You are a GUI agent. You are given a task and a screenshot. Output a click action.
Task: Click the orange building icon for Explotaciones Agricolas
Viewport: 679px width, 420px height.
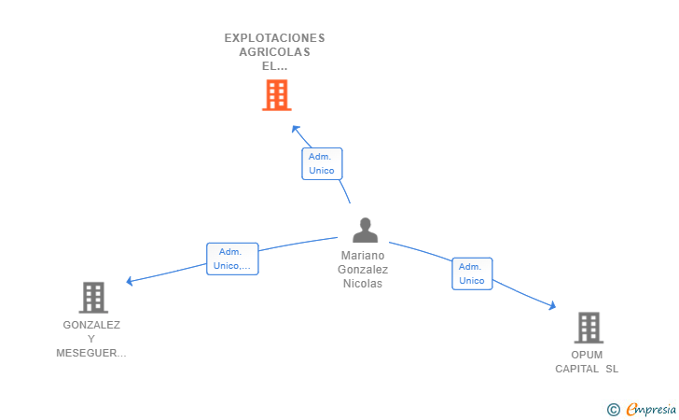(276, 95)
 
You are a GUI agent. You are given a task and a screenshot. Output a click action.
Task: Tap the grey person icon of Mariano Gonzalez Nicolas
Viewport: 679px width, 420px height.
(365, 231)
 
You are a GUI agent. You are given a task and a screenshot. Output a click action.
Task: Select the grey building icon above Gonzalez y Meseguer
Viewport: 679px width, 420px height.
(92, 297)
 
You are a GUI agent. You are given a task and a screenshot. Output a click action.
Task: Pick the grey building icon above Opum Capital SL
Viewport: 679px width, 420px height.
(588, 328)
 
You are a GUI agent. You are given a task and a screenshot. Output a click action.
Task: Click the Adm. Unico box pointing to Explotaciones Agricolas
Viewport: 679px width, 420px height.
(322, 163)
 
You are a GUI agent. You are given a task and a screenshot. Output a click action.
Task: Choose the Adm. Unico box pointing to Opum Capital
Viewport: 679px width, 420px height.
(472, 273)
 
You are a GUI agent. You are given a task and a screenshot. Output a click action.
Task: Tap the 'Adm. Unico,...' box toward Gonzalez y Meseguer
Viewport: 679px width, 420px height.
(231, 259)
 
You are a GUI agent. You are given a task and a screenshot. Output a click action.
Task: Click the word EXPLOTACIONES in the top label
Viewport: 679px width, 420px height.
(274, 38)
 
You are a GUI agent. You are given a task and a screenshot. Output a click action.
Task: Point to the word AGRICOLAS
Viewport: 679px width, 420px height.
(274, 52)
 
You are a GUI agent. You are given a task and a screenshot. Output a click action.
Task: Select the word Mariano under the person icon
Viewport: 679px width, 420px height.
(363, 256)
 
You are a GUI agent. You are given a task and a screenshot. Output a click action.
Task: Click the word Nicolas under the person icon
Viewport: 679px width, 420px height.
(363, 284)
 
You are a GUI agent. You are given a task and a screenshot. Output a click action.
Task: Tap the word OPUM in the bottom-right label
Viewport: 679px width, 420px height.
(588, 355)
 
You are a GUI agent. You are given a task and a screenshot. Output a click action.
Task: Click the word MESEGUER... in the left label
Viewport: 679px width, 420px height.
(91, 353)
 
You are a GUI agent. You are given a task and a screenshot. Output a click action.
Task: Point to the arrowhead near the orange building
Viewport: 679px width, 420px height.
(295, 129)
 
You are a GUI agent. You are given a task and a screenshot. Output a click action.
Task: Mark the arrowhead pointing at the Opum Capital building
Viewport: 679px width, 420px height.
(552, 305)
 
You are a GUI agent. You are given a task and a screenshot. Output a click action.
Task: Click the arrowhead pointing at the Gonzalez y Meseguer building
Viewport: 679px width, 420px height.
(130, 281)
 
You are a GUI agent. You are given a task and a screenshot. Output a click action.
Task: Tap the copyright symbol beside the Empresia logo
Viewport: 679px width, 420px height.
(613, 409)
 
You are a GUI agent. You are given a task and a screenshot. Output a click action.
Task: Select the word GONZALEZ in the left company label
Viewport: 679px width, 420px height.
(91, 325)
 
